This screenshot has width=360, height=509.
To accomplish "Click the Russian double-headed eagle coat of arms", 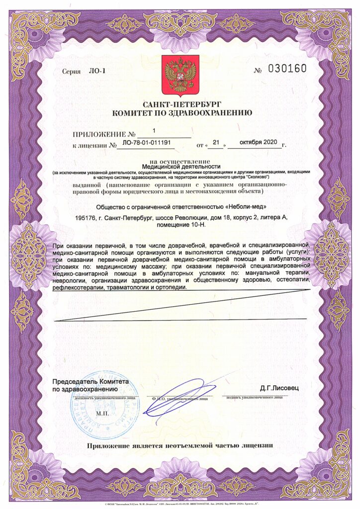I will tap(180, 76).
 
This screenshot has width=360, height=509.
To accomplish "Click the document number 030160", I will tap(287, 69).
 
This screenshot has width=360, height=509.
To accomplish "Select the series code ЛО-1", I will tap(97, 71).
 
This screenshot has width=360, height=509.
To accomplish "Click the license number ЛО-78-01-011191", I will tap(146, 143).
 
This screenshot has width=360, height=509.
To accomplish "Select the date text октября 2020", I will tap(258, 142).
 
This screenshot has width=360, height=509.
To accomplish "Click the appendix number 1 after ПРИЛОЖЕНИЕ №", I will tap(154, 131).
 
